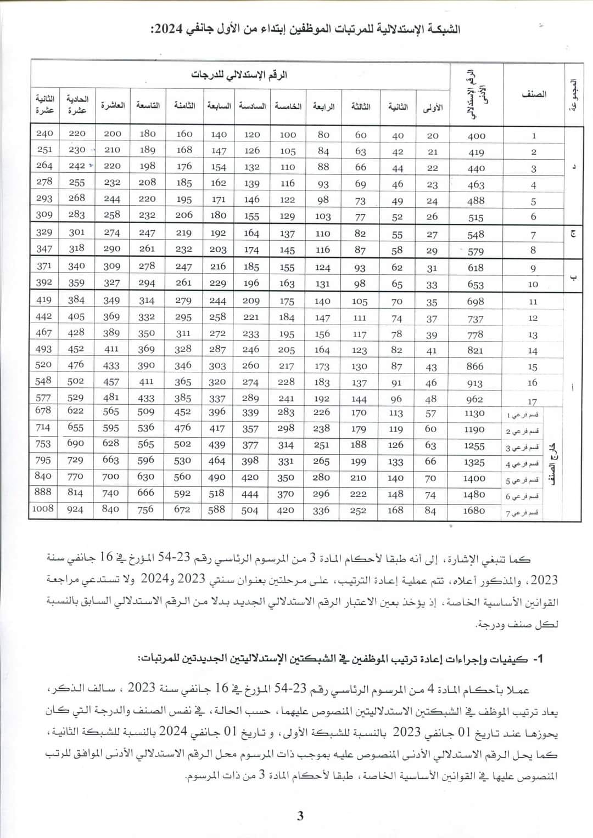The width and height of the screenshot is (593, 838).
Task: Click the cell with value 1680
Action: [x=474, y=511]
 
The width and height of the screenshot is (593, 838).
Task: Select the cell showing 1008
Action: [x=43, y=508]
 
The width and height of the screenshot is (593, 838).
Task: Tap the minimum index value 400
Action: [x=476, y=135]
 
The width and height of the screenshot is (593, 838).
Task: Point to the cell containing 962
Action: [x=474, y=399]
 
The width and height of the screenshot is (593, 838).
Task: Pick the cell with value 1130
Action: [x=474, y=414]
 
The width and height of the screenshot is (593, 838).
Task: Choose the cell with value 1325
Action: [x=474, y=462]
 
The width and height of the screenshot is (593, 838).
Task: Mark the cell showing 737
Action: [x=475, y=319]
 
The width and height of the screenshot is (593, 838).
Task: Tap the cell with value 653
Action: [x=475, y=284]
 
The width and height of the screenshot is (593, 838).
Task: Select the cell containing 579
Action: [x=475, y=251]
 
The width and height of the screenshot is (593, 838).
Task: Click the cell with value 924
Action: [x=75, y=509]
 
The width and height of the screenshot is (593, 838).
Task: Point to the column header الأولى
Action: [x=433, y=107]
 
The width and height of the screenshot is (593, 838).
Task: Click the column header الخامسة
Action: [x=288, y=106]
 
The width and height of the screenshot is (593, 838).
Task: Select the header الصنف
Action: [x=534, y=94]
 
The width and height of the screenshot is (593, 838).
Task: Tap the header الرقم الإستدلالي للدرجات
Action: [x=239, y=75]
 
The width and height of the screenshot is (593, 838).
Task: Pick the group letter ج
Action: [x=573, y=235]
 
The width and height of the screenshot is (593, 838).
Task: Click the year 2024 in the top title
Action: [x=165, y=29]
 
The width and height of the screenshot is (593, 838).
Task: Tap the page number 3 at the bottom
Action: [x=300, y=816]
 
